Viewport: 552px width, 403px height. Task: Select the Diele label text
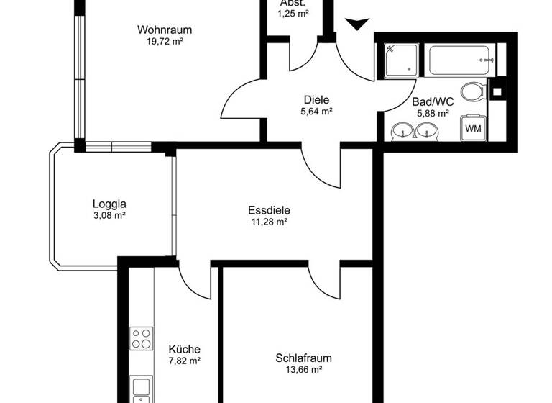click(x=316, y=99)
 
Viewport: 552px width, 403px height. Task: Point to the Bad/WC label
click(x=432, y=101)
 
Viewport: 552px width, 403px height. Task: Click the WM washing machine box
click(x=474, y=128)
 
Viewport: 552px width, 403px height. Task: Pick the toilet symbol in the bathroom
click(x=472, y=92)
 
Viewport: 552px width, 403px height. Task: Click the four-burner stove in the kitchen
click(x=141, y=338)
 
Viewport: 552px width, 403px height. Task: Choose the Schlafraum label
click(x=303, y=358)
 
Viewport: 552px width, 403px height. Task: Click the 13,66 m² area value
click(x=303, y=370)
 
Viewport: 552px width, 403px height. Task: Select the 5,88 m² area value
click(x=432, y=113)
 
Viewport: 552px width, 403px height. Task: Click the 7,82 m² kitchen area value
click(x=184, y=361)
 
